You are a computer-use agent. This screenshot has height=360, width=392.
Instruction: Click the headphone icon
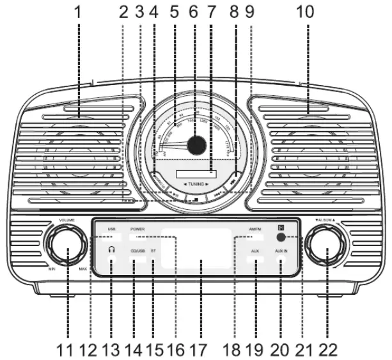111,249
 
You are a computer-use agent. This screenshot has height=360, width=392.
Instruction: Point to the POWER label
137,228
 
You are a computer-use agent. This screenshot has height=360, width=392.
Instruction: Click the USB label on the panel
112,228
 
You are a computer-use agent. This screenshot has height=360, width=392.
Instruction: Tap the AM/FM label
256,228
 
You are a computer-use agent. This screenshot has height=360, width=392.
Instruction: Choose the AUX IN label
281,251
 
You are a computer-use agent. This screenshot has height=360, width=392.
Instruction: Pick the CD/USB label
137,251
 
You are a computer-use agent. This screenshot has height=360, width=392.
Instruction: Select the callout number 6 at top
196,12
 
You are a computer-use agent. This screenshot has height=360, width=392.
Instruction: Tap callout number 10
308,12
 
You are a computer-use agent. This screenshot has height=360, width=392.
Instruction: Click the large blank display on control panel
196,248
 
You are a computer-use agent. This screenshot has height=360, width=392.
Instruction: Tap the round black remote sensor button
281,237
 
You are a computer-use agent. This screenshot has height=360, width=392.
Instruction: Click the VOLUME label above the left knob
67,220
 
